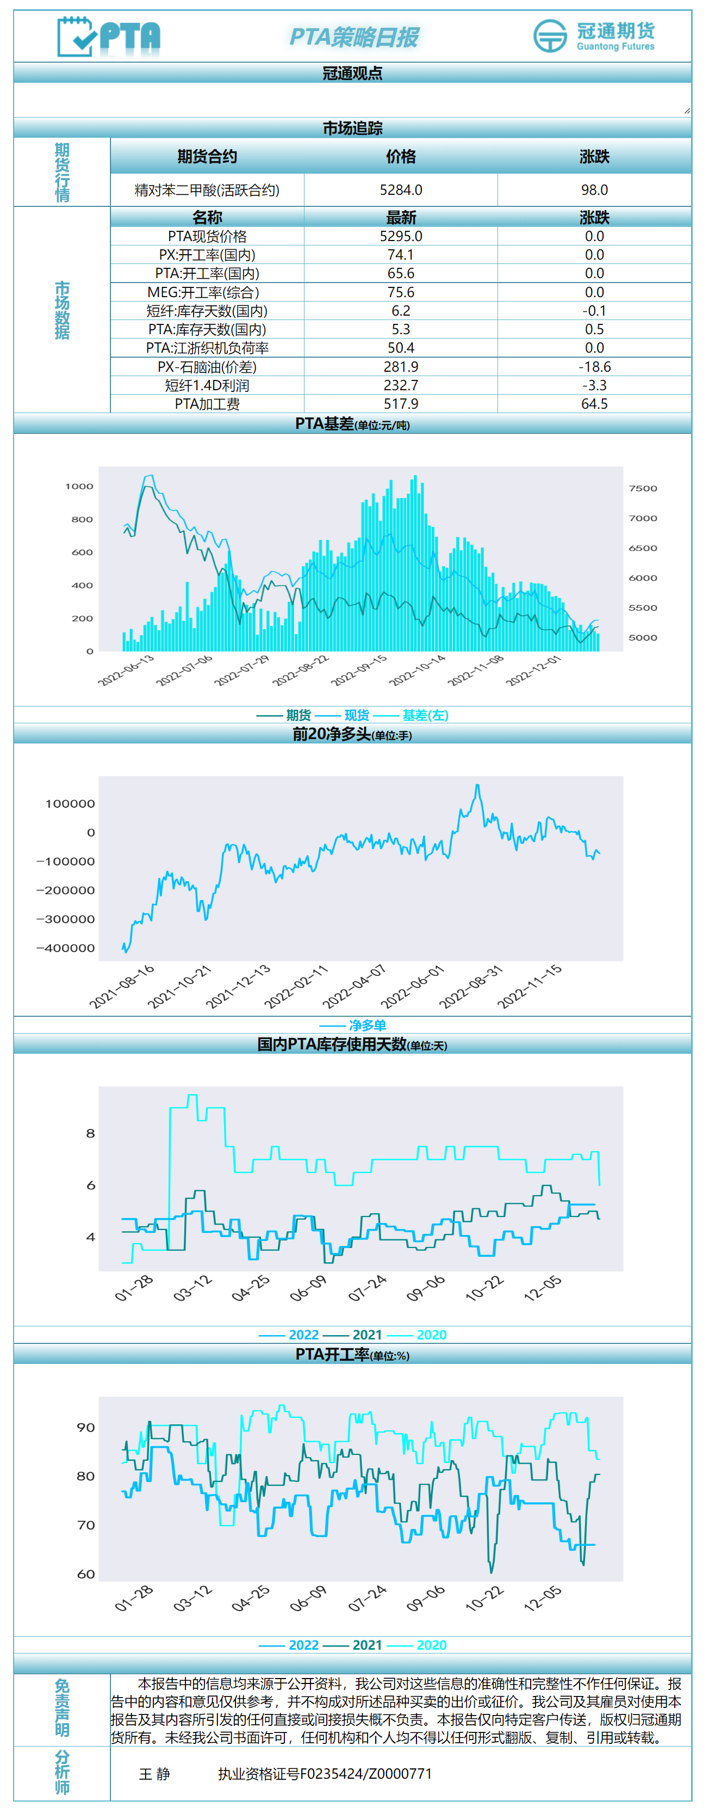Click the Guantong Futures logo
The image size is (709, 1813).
pos(594,36)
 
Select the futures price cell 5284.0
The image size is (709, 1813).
pos(400,190)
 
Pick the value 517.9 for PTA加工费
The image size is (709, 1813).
pos(400,404)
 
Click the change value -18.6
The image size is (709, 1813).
pos(594,367)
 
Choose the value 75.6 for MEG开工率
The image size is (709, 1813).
pos(400,292)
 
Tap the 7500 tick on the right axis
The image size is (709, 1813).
pos(642,488)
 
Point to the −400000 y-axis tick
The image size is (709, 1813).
pos(65,948)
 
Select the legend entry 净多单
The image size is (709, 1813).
pos(367,1025)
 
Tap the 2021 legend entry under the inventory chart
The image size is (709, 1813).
pos(366,1335)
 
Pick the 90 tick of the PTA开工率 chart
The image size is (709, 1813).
pos(86,1427)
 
